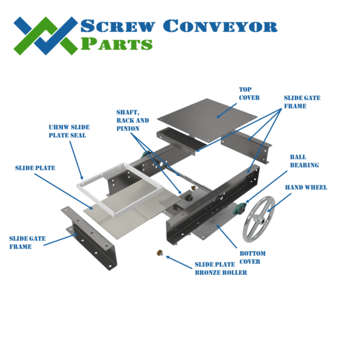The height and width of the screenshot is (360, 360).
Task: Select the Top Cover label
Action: click(x=249, y=93)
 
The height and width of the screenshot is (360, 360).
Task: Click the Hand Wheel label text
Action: click(x=306, y=188)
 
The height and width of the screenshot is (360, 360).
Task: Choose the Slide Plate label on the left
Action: click(x=35, y=168)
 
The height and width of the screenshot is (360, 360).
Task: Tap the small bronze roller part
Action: click(x=159, y=253)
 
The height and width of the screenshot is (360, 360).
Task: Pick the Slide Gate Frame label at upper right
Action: click(x=302, y=102)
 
